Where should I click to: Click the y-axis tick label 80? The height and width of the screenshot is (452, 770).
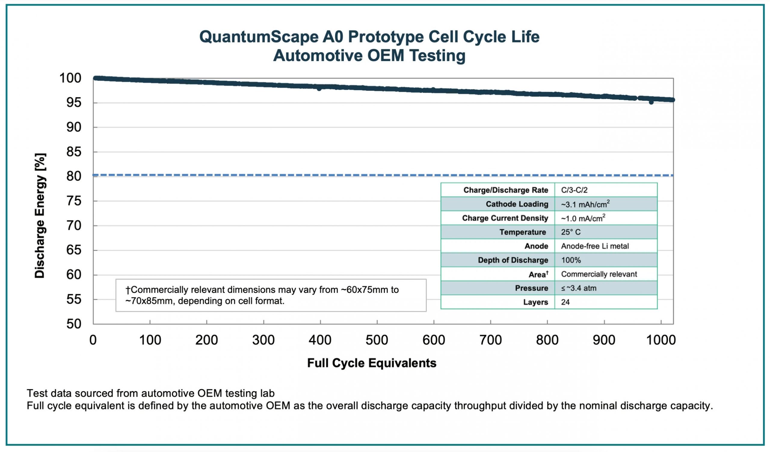(74, 176)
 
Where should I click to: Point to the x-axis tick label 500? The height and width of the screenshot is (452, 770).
(377, 340)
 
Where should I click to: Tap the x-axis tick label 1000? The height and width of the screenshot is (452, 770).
(661, 340)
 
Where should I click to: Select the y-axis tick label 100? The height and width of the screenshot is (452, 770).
(70, 78)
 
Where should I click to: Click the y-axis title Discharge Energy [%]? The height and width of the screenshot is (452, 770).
(40, 216)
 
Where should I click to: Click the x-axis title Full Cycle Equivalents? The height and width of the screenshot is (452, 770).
(371, 363)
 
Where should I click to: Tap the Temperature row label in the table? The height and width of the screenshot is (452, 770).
(522, 232)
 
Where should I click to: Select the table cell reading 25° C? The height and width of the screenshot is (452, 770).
(571, 232)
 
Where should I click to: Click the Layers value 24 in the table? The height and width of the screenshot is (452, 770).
(565, 302)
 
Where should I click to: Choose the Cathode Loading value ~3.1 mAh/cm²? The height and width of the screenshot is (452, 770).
(585, 204)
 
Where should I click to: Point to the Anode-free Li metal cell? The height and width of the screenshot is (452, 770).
(595, 246)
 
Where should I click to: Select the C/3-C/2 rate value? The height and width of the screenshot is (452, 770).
(574, 190)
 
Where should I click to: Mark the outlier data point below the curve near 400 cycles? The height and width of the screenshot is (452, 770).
(319, 89)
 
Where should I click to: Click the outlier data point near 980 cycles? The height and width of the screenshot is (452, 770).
(651, 102)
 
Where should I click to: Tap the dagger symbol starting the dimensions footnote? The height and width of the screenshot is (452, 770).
(128, 290)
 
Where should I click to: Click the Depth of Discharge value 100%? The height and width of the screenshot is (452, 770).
(571, 260)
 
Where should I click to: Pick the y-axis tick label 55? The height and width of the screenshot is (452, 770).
(74, 300)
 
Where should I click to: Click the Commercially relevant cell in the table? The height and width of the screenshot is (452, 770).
(599, 274)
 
